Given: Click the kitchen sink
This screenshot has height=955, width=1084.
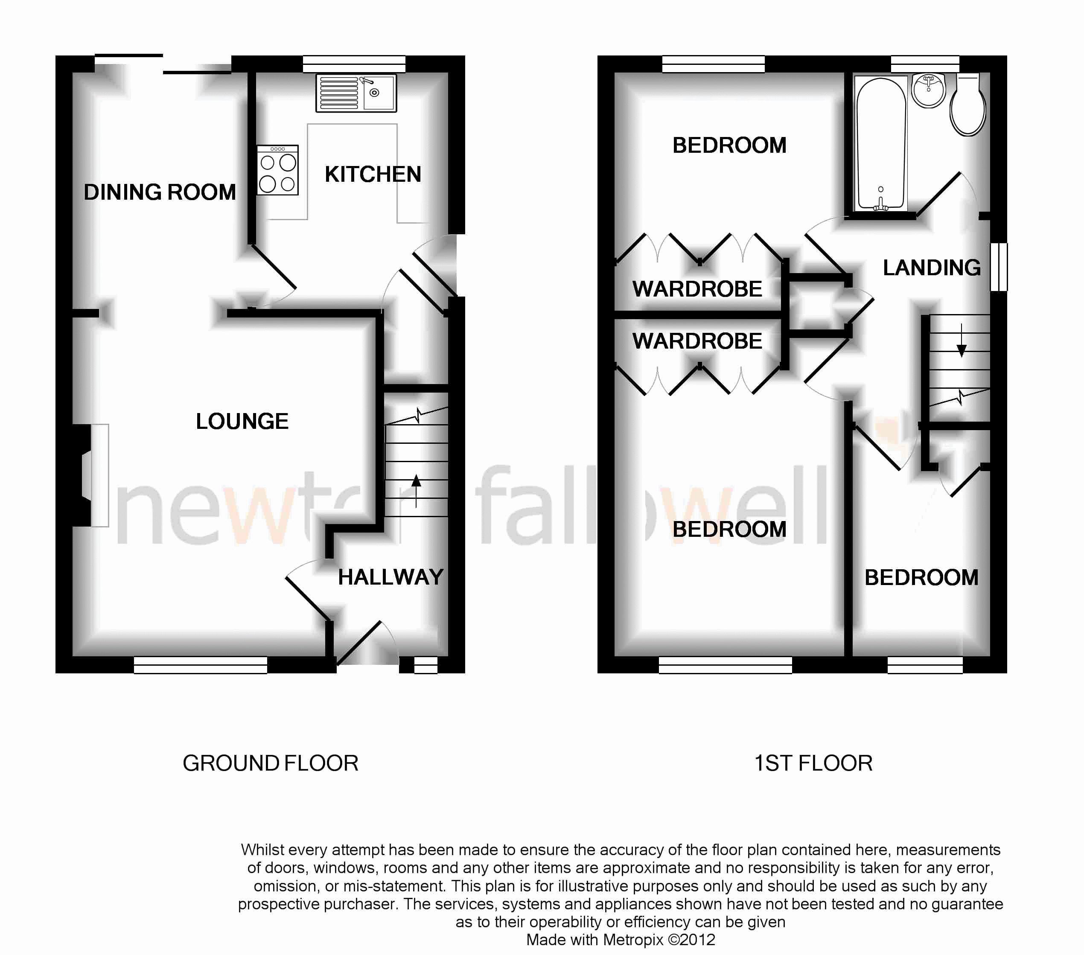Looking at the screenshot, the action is point(356,93).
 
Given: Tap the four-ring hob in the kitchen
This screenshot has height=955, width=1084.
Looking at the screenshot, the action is point(278,170).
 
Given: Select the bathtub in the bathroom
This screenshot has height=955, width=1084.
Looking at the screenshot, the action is point(881,144).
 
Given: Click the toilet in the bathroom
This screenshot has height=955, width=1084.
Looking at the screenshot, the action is point(968,105).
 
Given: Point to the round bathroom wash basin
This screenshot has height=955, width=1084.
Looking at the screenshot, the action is point(929,90).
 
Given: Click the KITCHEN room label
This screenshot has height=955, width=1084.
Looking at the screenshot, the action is point(373,175).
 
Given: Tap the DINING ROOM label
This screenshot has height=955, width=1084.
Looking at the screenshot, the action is point(160,192).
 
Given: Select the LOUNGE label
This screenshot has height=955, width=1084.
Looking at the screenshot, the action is point(242,422).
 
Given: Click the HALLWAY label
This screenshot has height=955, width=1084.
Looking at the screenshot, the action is point(391,577).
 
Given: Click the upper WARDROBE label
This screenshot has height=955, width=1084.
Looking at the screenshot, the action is point(697,289).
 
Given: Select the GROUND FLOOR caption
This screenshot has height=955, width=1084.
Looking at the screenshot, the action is point(271,763).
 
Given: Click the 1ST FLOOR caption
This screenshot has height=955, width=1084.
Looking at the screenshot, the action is point(813,763).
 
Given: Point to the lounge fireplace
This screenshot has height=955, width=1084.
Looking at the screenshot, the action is point(90,475).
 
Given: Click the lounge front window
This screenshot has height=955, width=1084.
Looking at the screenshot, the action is point(201,665).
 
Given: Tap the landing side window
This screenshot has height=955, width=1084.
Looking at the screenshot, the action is point(999,267).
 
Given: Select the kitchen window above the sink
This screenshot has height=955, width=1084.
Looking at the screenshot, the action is point(354,64).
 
